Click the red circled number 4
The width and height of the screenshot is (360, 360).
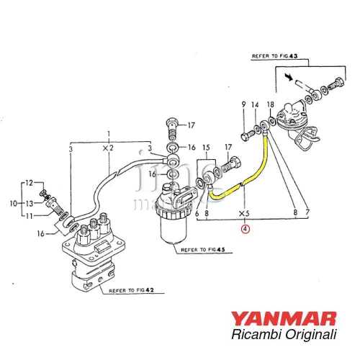pos(246,228)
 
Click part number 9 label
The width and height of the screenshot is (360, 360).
pos(245,105)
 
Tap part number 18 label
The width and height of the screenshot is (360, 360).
pos(271,105)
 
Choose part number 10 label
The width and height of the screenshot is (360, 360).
pos(12,204)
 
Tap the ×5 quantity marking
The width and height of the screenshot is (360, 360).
pos(246,213)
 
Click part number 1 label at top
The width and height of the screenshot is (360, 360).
pos(109,134)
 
